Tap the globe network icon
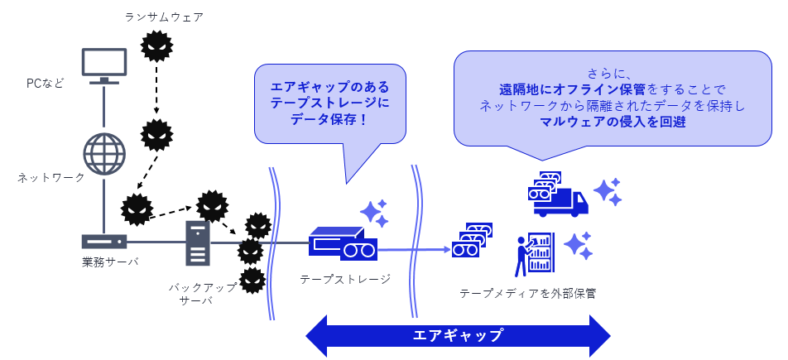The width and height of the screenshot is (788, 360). (x=104, y=154)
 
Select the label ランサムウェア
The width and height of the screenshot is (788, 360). (x=163, y=17)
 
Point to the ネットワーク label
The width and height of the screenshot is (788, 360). (x=51, y=177)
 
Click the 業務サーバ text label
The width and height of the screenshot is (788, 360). (x=109, y=262)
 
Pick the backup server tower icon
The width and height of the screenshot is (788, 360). (x=198, y=242)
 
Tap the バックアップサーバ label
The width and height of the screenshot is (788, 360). (x=203, y=294)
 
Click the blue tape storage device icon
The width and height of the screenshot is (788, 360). (x=342, y=242)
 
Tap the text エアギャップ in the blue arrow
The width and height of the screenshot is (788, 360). (x=458, y=335)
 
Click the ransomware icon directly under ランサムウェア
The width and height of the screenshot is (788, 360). (x=156, y=46)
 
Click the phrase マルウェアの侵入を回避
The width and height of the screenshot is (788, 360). (x=613, y=122)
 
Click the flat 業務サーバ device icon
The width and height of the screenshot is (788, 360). (x=104, y=242)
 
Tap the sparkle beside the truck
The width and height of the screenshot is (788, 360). (x=607, y=192)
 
